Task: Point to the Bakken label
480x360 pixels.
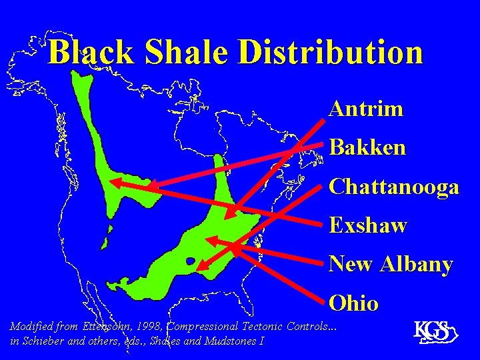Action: coord(367,147)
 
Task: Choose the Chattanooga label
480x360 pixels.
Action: coord(394,187)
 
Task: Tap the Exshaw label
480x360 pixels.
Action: coord(368,225)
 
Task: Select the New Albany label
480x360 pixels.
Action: coord(391,264)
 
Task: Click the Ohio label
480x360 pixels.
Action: coord(354,303)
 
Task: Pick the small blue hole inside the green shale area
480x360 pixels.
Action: coord(191,261)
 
